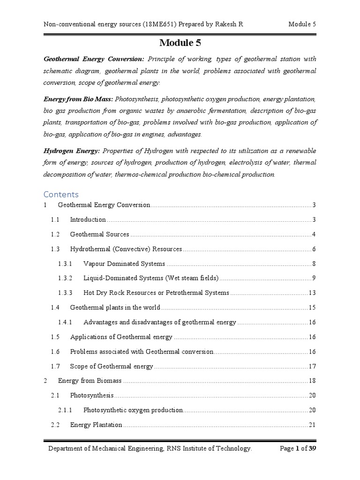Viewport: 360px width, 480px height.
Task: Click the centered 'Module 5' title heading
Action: click(x=180, y=44)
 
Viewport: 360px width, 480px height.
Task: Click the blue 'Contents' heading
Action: click(x=61, y=194)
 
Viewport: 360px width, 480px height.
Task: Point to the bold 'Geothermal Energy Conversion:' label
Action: click(x=94, y=59)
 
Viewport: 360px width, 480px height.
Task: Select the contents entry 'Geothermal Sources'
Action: click(x=99, y=234)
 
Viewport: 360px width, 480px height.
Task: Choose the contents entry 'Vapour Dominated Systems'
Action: click(x=124, y=263)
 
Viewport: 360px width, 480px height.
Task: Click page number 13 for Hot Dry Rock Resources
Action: click(x=312, y=293)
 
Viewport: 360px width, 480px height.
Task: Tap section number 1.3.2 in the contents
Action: click(x=65, y=278)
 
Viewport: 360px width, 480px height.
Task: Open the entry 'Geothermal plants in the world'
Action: click(x=115, y=307)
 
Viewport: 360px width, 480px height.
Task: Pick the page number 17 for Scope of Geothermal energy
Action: click(x=312, y=366)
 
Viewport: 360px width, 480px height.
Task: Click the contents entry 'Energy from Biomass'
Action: click(x=90, y=381)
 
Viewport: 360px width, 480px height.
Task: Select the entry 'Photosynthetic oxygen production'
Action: click(x=133, y=410)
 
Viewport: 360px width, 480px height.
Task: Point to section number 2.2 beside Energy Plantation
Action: click(x=55, y=425)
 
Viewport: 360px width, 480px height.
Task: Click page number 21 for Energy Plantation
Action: click(x=312, y=425)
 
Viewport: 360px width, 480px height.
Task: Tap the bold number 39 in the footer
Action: click(x=312, y=448)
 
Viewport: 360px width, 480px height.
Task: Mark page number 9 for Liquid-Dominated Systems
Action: click(x=314, y=278)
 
